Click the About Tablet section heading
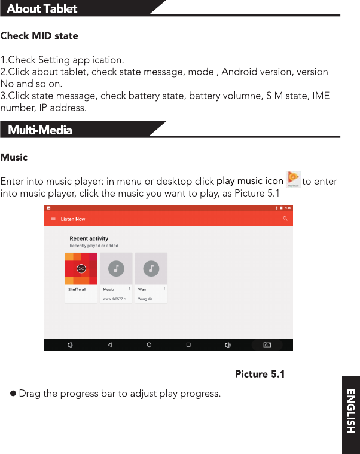(x=42, y=8)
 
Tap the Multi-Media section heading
(x=40, y=130)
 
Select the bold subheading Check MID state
(x=39, y=36)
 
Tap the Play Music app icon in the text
(x=293, y=179)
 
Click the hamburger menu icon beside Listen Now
(x=53, y=219)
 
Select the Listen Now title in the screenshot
(x=73, y=219)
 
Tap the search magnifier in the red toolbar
(x=285, y=219)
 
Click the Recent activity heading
(x=89, y=238)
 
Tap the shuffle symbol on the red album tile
(x=81, y=269)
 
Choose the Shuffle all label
(x=77, y=289)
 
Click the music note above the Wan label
(x=151, y=268)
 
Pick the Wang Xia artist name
(x=145, y=299)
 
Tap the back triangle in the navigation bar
(x=109, y=345)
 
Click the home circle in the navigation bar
(x=149, y=345)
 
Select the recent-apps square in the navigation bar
(x=188, y=345)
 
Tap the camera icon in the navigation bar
(x=267, y=345)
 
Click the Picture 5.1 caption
(x=260, y=375)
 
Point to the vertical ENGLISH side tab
(x=351, y=412)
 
